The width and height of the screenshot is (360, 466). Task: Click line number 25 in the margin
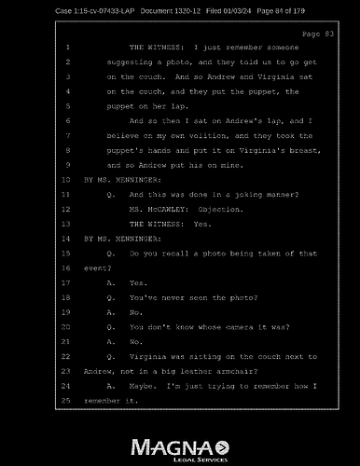pyautogui.click(x=66, y=399)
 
